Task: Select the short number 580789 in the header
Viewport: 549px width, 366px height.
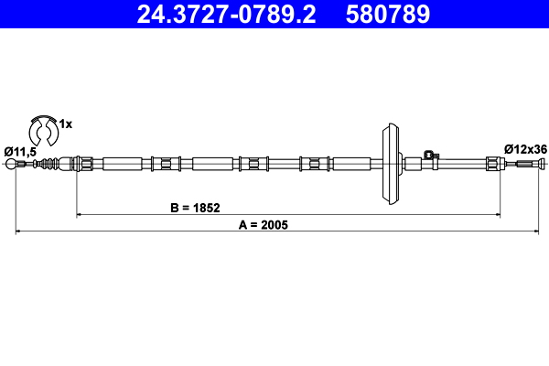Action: click(x=387, y=16)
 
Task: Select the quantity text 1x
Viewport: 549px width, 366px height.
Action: click(x=66, y=122)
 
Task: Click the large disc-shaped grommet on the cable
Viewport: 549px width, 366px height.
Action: click(x=388, y=165)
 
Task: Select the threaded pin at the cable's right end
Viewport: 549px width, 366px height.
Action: click(x=527, y=165)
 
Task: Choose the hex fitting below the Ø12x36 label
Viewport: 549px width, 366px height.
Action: click(x=493, y=165)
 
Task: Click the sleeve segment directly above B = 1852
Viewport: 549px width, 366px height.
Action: click(x=214, y=165)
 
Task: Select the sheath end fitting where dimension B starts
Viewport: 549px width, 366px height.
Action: click(x=83, y=165)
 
